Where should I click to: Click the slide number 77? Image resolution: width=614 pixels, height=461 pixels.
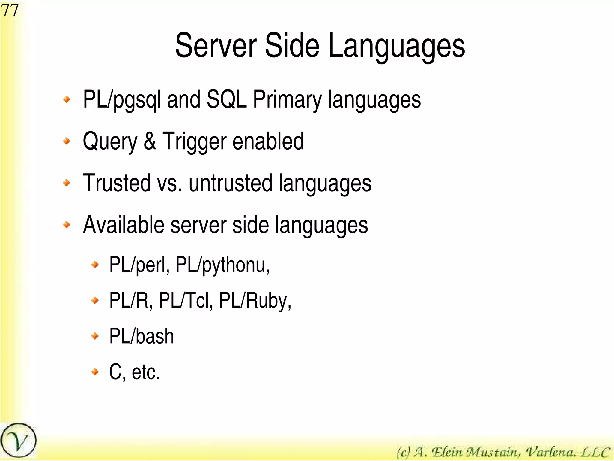coord(10,10)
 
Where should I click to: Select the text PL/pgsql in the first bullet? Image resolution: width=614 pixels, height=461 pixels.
coord(122,100)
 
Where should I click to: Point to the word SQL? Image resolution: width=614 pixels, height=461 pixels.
coord(227,100)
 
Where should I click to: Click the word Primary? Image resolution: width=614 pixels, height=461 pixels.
coord(287,100)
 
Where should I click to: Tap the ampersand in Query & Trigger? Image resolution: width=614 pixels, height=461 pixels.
coord(150,141)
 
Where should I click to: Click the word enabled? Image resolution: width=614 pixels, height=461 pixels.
coord(268,141)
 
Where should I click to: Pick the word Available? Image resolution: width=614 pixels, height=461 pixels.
coord(124,225)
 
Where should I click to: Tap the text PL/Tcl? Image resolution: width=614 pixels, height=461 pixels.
coord(186,301)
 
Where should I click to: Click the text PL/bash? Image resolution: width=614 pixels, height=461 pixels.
coord(142,336)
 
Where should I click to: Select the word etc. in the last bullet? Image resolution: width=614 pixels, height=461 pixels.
coord(146,372)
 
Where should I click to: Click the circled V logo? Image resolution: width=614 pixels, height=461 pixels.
coord(18,441)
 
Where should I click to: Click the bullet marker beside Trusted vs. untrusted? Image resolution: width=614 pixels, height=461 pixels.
coord(67,183)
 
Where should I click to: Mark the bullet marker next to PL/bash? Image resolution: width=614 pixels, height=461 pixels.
coord(95,336)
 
